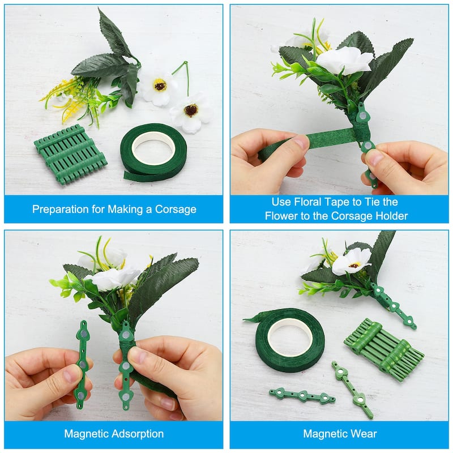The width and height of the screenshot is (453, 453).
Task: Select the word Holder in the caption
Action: coord(389,216)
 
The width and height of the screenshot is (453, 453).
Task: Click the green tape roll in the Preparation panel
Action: coord(153,151)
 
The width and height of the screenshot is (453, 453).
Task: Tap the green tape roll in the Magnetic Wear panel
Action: coord(289,339)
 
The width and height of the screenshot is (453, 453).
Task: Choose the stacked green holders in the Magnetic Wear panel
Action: coord(383,349)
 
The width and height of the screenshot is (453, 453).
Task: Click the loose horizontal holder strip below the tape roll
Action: coord(302,395)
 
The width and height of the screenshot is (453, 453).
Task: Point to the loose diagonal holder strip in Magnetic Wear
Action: coord(352,389)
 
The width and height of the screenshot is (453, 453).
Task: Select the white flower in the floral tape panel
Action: coord(344,61)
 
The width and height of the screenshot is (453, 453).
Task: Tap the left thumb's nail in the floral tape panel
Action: coord(301,142)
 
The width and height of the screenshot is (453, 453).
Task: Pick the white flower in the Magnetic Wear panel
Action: coord(351,261)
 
